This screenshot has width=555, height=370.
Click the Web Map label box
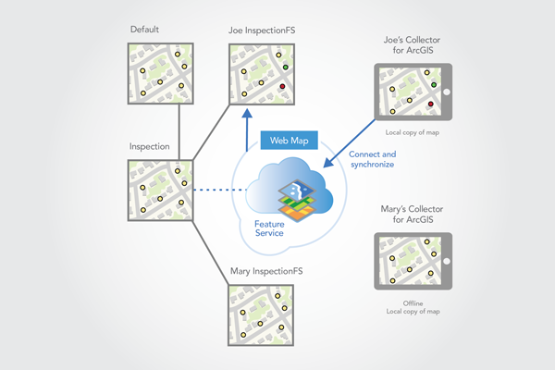click(x=290, y=141)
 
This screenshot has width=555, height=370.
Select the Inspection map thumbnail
click(x=161, y=190)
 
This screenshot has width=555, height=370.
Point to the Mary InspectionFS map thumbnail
click(x=261, y=316)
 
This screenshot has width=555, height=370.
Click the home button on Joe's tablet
click(x=446, y=92)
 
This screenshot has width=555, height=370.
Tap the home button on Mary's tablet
click(x=446, y=262)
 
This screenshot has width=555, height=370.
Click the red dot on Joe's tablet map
click(x=431, y=105)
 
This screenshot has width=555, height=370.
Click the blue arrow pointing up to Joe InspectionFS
click(x=247, y=129)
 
